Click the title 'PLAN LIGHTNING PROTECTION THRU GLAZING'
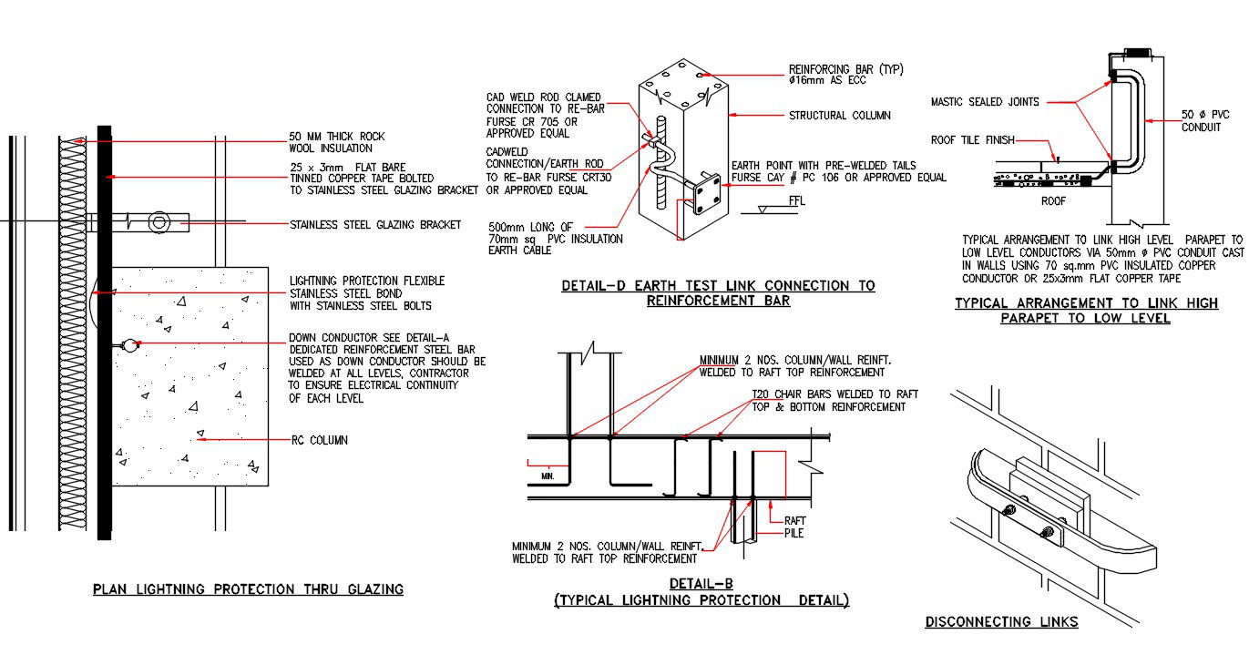(x=248, y=589)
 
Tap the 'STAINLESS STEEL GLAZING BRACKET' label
(x=374, y=224)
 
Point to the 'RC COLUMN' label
(x=319, y=440)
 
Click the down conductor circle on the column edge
(x=129, y=345)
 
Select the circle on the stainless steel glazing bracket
(x=159, y=221)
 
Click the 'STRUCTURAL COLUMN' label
(x=839, y=116)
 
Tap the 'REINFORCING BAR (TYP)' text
(x=845, y=69)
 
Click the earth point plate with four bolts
(x=707, y=198)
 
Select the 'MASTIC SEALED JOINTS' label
(x=984, y=102)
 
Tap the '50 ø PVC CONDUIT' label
(x=1204, y=120)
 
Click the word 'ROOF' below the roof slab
(x=1054, y=200)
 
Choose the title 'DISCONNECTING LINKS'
(x=1001, y=622)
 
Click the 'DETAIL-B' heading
(x=701, y=583)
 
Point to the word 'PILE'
(x=793, y=533)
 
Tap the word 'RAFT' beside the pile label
(x=794, y=520)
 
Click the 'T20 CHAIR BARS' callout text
(x=834, y=400)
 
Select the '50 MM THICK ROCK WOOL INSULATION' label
(x=331, y=143)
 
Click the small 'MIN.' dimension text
(x=547, y=476)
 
